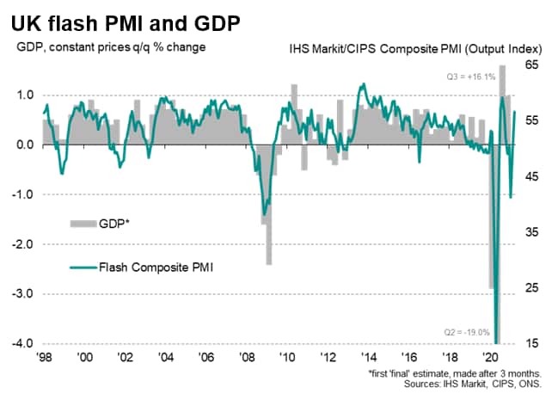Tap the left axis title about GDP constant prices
point(111,46)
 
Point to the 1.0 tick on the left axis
point(25,95)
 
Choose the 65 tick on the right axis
point(531,65)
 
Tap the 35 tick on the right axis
point(531,232)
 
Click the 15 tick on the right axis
point(531,344)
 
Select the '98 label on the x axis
point(45,356)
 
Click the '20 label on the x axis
point(491,356)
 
